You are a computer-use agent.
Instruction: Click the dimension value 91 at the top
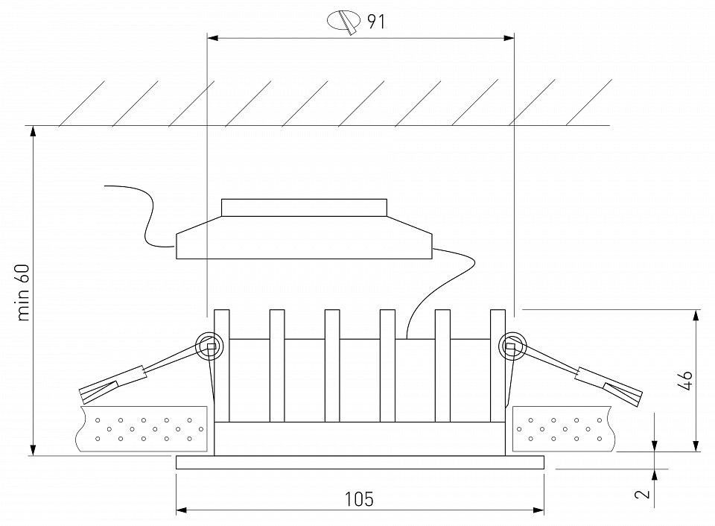376,22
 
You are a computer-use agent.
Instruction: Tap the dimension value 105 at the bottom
359,499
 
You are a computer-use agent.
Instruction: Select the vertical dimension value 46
684,381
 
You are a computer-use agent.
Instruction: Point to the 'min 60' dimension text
23,292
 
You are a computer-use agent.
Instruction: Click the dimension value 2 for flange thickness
643,493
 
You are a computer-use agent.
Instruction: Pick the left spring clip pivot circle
209,346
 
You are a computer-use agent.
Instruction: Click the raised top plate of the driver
304,207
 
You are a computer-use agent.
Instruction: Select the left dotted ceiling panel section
142,428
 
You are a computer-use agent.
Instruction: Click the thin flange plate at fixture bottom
360,462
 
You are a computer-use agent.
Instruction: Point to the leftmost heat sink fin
222,366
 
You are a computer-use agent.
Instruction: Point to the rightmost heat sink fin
498,366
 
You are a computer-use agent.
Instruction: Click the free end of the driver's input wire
105,186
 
